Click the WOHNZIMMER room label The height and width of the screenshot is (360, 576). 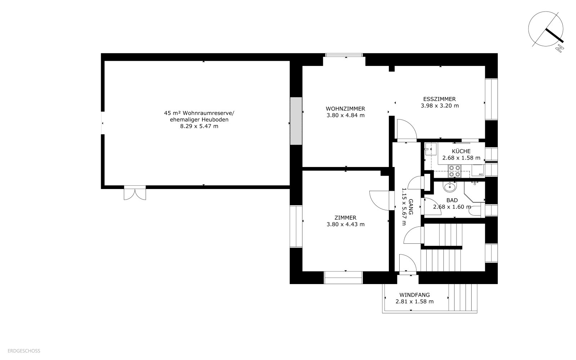coord(345,109)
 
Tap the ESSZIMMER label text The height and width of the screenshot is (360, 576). coord(440,99)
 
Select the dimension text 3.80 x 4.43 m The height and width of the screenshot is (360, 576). coord(346,224)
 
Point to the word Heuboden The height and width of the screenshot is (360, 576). coord(215,120)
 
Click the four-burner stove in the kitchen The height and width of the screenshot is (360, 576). coord(454,171)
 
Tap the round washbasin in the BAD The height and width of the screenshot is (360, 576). coord(450,187)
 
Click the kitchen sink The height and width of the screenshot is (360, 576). coord(431,149)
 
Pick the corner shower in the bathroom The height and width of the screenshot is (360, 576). coord(475,192)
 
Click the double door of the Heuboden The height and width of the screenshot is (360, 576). coord(135,193)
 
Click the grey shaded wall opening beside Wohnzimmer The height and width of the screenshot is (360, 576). coord(296,121)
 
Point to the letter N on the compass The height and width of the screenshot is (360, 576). coord(559,48)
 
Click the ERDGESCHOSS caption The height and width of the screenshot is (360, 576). coord(24,351)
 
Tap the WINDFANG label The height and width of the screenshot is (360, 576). coord(414,295)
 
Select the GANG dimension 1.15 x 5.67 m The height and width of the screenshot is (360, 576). coord(404,207)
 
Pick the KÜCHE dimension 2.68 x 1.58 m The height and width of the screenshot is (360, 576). coord(461,158)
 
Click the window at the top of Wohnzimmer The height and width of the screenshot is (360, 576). coord(344,55)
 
